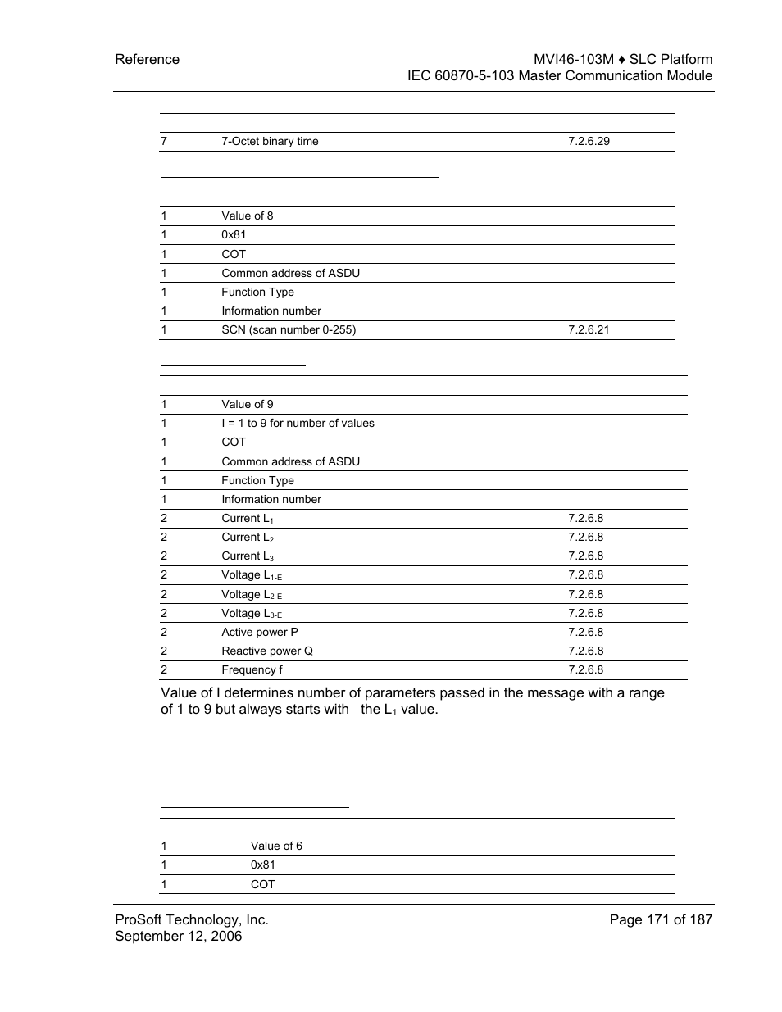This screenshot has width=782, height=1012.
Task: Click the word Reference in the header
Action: coord(147,59)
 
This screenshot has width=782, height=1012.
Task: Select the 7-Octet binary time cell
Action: coord(270,141)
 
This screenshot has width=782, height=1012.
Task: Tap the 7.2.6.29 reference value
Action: coord(589,141)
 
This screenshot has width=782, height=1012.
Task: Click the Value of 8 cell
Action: coord(247,216)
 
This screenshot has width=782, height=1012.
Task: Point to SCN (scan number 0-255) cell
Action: coord(289,329)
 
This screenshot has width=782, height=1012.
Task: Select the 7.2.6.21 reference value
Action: coord(589,329)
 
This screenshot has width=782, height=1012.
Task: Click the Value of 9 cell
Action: coord(247,404)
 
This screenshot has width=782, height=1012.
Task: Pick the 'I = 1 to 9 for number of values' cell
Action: coord(298,423)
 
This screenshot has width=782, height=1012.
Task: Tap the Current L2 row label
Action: coord(247,538)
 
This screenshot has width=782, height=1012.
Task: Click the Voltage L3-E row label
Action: coord(251,614)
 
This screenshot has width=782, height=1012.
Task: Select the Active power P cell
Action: coord(259,632)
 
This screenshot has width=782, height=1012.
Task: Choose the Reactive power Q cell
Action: coord(266,651)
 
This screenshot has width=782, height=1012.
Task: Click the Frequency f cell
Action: coord(252,669)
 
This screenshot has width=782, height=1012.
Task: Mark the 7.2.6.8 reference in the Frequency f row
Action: coord(585,669)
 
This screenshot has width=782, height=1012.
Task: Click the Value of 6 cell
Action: coord(276,846)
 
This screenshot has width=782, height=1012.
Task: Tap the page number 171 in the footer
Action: coord(658,919)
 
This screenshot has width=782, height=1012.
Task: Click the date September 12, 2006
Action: coord(178,936)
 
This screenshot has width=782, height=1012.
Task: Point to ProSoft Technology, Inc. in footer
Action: coord(191,919)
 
